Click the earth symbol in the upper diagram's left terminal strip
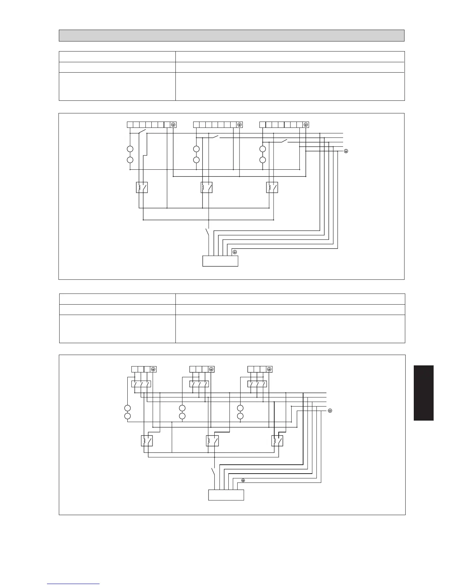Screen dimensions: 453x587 tap(173, 125)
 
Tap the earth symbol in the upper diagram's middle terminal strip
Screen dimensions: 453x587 tap(239, 125)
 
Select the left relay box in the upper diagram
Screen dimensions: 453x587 tap(142, 188)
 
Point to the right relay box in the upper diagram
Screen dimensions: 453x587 tap(272, 188)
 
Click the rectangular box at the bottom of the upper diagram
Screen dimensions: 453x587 tap(220, 261)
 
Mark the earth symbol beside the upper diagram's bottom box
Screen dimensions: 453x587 tap(234, 252)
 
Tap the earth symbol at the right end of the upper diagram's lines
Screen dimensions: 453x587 tap(346, 151)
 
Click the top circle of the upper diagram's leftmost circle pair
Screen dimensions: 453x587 tap(130, 149)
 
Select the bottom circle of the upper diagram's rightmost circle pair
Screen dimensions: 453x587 tap(263, 160)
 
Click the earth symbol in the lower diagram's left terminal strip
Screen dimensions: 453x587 tap(154, 369)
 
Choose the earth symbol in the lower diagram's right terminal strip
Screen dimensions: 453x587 tap(269, 369)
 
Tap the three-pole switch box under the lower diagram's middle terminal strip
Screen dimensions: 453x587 tap(199, 384)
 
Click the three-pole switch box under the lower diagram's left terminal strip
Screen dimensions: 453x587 tap(141, 384)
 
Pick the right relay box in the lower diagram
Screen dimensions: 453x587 tap(277, 441)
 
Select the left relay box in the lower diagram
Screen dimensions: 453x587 tap(147, 441)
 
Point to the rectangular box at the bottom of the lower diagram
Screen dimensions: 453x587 tap(226, 495)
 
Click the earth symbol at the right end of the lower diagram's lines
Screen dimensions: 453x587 tap(330, 411)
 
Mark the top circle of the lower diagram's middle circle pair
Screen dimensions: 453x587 tap(182, 408)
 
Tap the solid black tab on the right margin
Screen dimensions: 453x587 tap(423, 393)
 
